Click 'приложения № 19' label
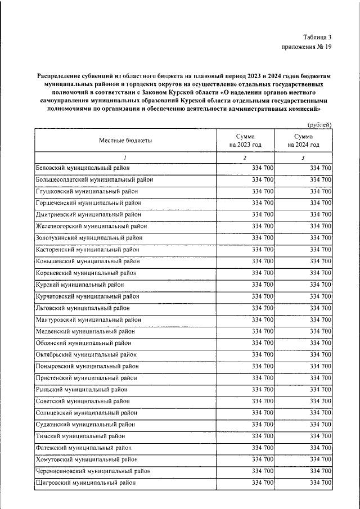coord(307,47)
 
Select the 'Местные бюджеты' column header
coord(125,141)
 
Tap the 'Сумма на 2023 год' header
coord(245,141)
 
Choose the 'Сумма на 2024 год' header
coord(303,141)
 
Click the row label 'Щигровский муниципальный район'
coord(85,483)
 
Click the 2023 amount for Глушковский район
coord(263,191)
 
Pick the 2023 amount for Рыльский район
coord(263,389)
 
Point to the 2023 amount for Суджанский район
coord(263,424)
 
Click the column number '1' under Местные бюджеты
coord(125,157)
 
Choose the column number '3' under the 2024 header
coord(303,157)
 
